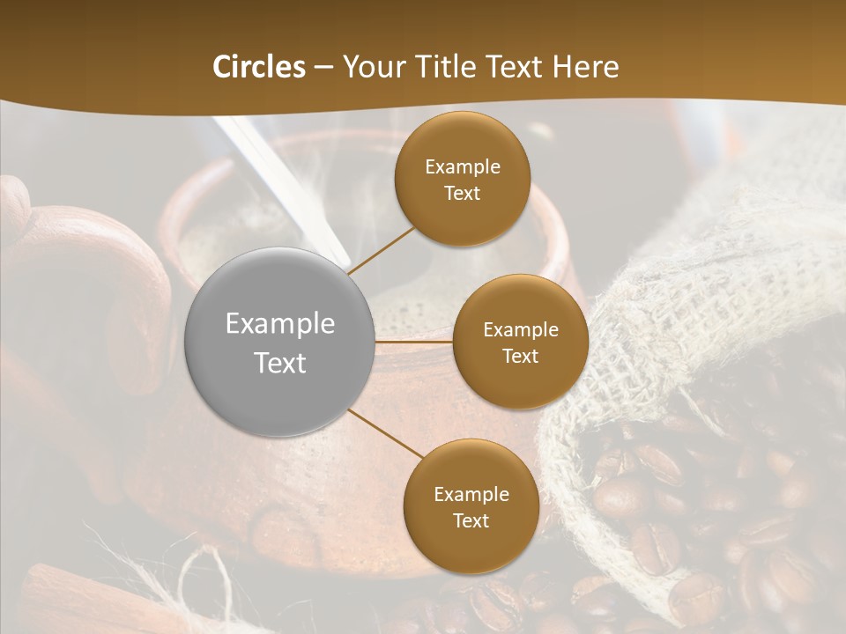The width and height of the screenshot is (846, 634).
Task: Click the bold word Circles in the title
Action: [259, 67]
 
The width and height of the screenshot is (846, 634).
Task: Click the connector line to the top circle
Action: [381, 250]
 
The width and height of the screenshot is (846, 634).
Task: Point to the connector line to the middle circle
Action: [414, 341]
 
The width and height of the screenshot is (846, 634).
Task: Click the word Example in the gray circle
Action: [280, 324]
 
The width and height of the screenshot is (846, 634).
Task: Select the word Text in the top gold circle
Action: [462, 194]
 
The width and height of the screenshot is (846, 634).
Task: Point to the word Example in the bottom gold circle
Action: [471, 495]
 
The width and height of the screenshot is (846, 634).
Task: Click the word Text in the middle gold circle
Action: [520, 357]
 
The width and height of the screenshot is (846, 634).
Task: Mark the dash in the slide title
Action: [323, 67]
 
